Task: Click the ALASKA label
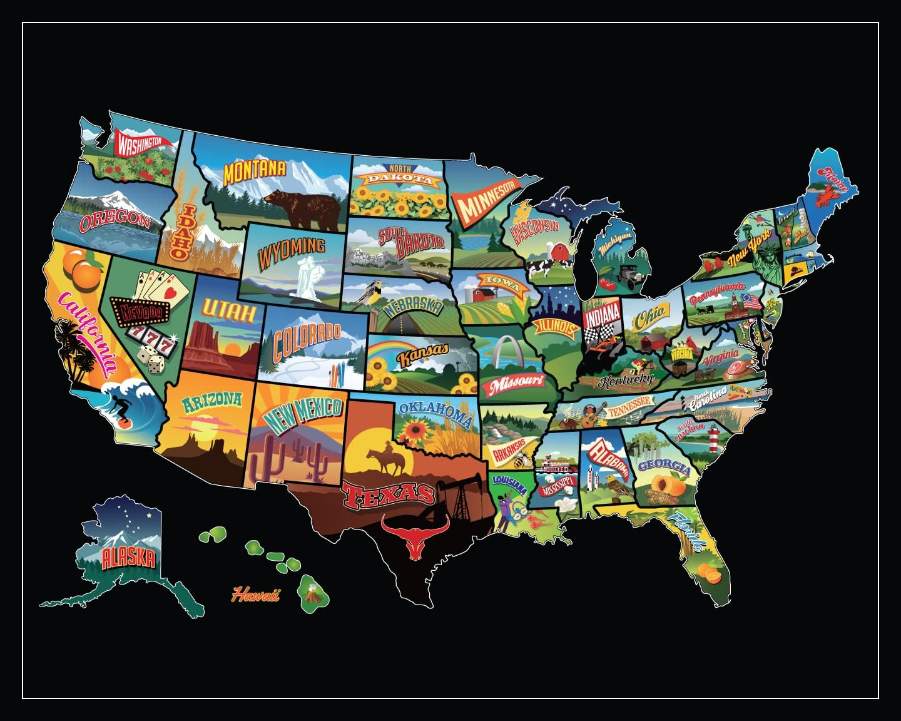pos(128,556)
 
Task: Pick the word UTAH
pos(228,311)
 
